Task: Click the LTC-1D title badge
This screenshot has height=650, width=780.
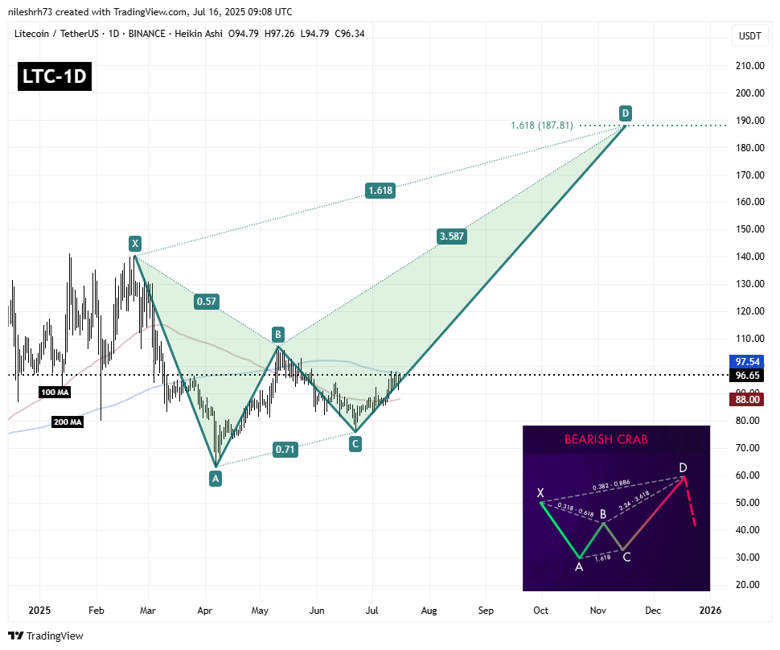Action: pos(54,76)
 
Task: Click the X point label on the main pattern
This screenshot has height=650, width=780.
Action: pos(135,243)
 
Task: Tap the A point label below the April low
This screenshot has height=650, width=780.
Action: pos(215,478)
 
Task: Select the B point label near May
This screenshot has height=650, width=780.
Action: pos(277,333)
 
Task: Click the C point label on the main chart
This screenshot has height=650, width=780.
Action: pos(355,442)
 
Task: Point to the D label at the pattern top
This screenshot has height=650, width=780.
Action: pos(625,113)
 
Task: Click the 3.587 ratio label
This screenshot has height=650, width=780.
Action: pos(451,237)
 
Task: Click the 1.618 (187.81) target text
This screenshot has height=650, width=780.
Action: pos(541,125)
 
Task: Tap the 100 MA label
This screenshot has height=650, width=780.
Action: pos(55,391)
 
